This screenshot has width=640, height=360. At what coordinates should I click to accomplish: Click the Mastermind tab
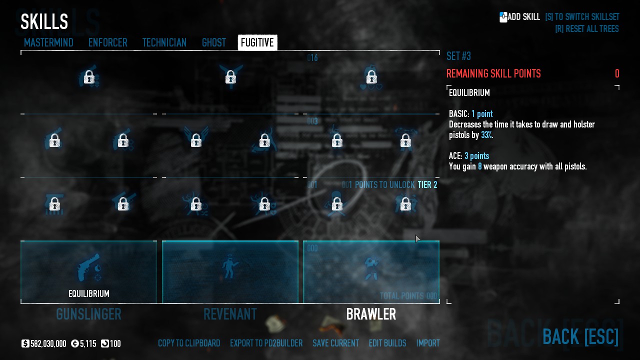[48, 43]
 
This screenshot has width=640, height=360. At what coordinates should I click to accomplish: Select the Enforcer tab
[107, 43]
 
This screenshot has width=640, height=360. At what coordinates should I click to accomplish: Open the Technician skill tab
[164, 43]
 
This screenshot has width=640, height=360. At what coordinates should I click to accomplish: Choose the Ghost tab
[213, 43]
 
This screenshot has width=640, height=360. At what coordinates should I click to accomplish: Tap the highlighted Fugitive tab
[257, 43]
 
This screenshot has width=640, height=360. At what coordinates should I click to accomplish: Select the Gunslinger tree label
[88, 314]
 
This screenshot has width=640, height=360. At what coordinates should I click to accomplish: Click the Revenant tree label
[230, 314]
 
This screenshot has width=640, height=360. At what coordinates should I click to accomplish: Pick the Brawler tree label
[371, 314]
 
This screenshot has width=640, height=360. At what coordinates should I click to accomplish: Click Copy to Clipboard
[189, 343]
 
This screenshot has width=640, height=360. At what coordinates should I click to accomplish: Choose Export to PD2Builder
[266, 343]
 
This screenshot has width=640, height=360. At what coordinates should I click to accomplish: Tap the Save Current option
[335, 343]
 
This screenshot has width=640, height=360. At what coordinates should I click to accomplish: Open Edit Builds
[387, 343]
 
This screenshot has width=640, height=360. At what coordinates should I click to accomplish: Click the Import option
[428, 343]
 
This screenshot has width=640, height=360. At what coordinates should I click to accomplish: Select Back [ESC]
[580, 337]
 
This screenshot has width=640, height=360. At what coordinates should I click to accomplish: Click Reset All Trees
[586, 29]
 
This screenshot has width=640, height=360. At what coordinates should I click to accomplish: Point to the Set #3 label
[458, 56]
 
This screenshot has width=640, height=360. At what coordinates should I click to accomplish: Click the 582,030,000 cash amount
[48, 344]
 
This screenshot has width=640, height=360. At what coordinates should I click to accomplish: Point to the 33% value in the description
[486, 135]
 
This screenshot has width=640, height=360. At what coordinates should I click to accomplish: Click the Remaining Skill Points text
[493, 74]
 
